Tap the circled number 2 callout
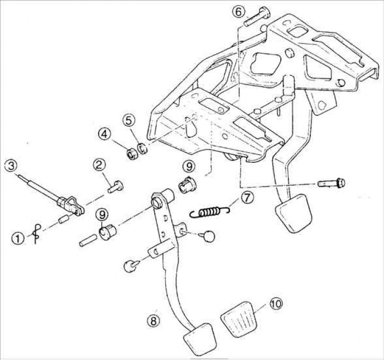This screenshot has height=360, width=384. [x=99, y=165]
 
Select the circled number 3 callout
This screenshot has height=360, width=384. [x=11, y=166]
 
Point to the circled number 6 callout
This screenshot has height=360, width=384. [x=238, y=12]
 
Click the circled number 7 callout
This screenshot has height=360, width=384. [x=247, y=198]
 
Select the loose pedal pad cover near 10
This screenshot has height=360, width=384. [x=239, y=322]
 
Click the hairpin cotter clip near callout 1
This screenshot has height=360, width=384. [x=37, y=234]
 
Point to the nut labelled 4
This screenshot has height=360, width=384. [x=132, y=154]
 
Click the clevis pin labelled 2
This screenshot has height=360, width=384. [x=115, y=187]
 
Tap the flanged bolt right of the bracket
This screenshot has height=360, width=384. [x=332, y=183]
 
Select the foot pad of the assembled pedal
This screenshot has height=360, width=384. [x=293, y=213]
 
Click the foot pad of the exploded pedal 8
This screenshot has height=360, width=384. [x=200, y=339]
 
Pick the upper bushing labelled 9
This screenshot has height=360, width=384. [x=187, y=185]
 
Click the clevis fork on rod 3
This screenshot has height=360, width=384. [x=71, y=205]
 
